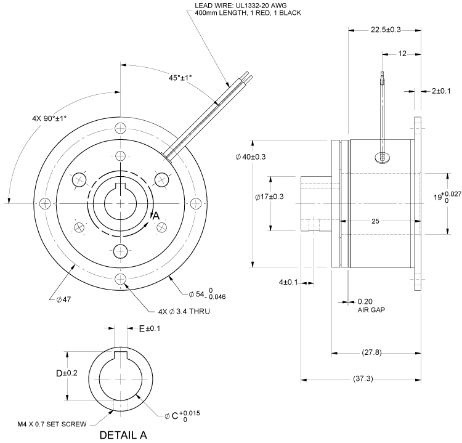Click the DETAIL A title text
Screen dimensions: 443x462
[124, 434]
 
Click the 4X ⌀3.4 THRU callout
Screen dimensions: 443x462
[182, 312]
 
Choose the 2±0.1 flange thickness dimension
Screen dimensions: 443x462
[441, 91]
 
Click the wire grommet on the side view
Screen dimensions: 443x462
[383, 158]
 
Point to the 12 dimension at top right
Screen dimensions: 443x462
[401, 55]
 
